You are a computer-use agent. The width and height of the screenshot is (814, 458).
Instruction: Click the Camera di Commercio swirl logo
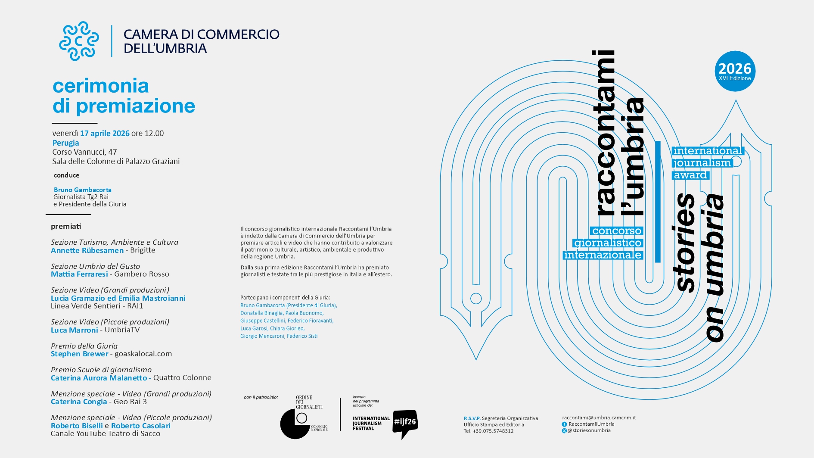tap(79, 41)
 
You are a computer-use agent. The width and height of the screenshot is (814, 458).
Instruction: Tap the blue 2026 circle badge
tap(735, 71)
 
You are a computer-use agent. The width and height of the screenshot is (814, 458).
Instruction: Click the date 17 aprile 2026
tap(105, 134)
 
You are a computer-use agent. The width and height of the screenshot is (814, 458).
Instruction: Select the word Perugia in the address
tap(66, 143)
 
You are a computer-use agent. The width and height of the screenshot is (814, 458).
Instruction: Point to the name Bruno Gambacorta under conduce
tap(83, 190)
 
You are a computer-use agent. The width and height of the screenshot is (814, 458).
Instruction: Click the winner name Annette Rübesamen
tap(87, 250)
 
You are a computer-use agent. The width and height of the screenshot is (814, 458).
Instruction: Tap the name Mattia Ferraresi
tap(79, 274)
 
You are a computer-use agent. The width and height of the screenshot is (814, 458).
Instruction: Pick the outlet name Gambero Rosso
tap(142, 274)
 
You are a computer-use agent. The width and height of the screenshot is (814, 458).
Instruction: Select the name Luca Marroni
tap(75, 330)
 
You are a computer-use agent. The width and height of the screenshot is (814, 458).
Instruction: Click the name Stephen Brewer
tap(80, 354)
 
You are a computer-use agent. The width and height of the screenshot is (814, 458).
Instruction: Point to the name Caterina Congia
tap(79, 402)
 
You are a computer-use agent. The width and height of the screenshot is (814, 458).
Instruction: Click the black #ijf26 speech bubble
tap(405, 423)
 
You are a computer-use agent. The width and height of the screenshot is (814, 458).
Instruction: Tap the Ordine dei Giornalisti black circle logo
tap(295, 424)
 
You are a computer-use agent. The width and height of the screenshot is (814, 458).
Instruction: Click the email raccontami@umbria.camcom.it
tap(599, 417)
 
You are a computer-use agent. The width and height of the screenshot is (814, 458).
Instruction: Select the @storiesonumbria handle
tap(589, 430)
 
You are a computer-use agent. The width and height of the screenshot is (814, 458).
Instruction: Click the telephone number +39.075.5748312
tap(493, 431)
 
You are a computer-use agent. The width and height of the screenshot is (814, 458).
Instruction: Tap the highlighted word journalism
tap(702, 163)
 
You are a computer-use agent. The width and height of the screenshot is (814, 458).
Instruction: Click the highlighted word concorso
tap(617, 231)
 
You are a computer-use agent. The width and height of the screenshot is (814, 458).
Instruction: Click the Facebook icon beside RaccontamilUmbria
tap(564, 424)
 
